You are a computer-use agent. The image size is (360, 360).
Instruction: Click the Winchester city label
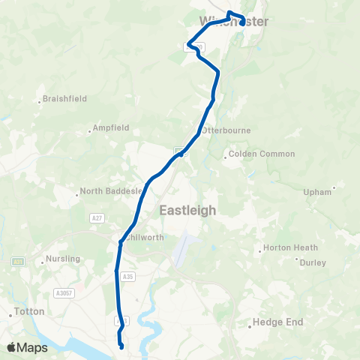click(234, 22)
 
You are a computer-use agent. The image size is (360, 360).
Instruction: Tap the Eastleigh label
click(188, 211)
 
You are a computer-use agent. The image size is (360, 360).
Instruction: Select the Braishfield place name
click(64, 98)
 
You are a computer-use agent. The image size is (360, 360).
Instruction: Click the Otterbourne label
click(227, 130)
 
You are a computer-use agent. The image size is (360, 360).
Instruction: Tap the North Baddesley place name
click(111, 191)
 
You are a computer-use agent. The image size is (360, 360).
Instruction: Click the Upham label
click(317, 192)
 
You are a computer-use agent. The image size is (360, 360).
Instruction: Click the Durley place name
click(313, 262)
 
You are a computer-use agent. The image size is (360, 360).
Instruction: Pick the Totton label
click(30, 311)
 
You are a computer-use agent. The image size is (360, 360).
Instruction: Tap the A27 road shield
click(96, 217)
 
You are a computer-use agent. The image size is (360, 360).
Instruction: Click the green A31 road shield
click(17, 262)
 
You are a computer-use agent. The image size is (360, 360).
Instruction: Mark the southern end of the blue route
click(121, 347)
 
